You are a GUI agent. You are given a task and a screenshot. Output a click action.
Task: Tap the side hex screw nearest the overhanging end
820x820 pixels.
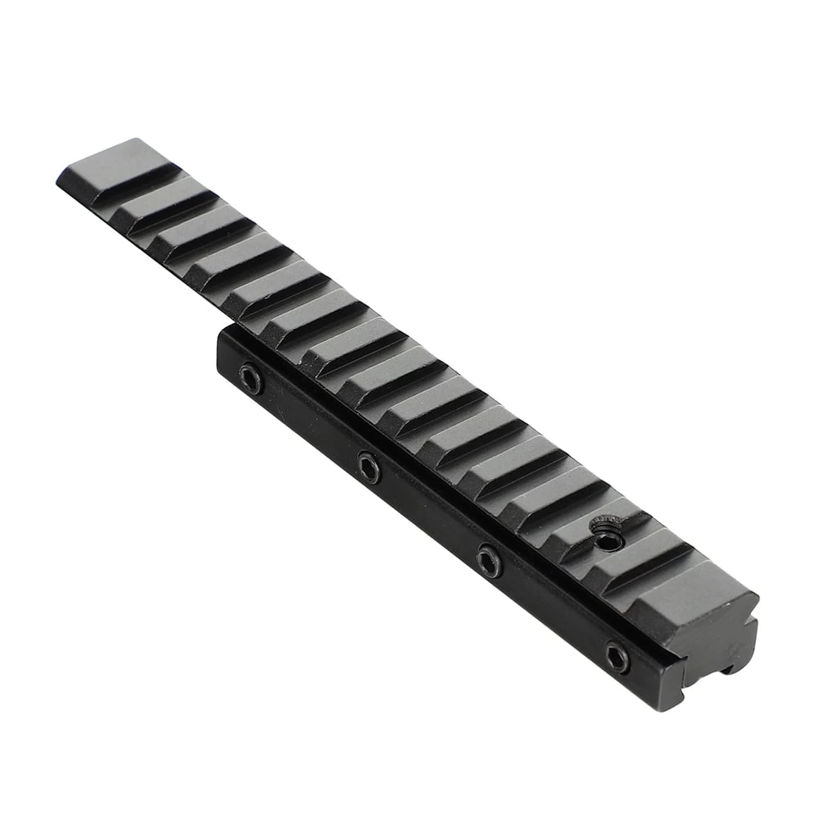click(251, 378)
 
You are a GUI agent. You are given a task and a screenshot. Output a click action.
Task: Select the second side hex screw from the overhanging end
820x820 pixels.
click(369, 467)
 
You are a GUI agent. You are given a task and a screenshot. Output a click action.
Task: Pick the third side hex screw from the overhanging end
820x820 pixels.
click(490, 560)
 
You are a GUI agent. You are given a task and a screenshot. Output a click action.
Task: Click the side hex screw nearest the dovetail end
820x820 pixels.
click(617, 656)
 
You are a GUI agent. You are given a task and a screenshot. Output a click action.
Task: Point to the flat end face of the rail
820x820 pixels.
click(722, 631)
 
